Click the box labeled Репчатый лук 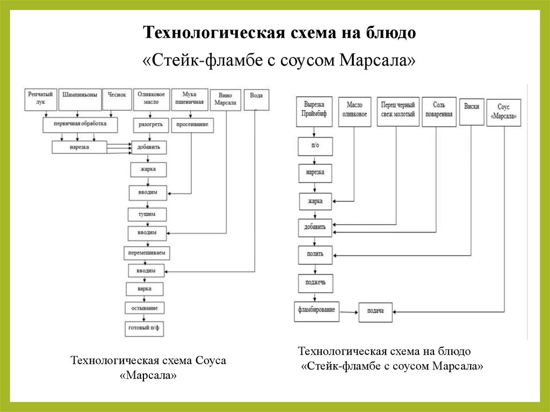pos(40,98)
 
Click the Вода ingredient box pos(256,99)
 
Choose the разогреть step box pos(149,125)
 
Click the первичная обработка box pos(80,125)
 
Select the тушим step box pos(147,214)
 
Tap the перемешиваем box pos(147,252)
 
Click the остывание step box pos(144,308)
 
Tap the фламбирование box pos(316,311)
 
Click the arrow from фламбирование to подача pos(350,311)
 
